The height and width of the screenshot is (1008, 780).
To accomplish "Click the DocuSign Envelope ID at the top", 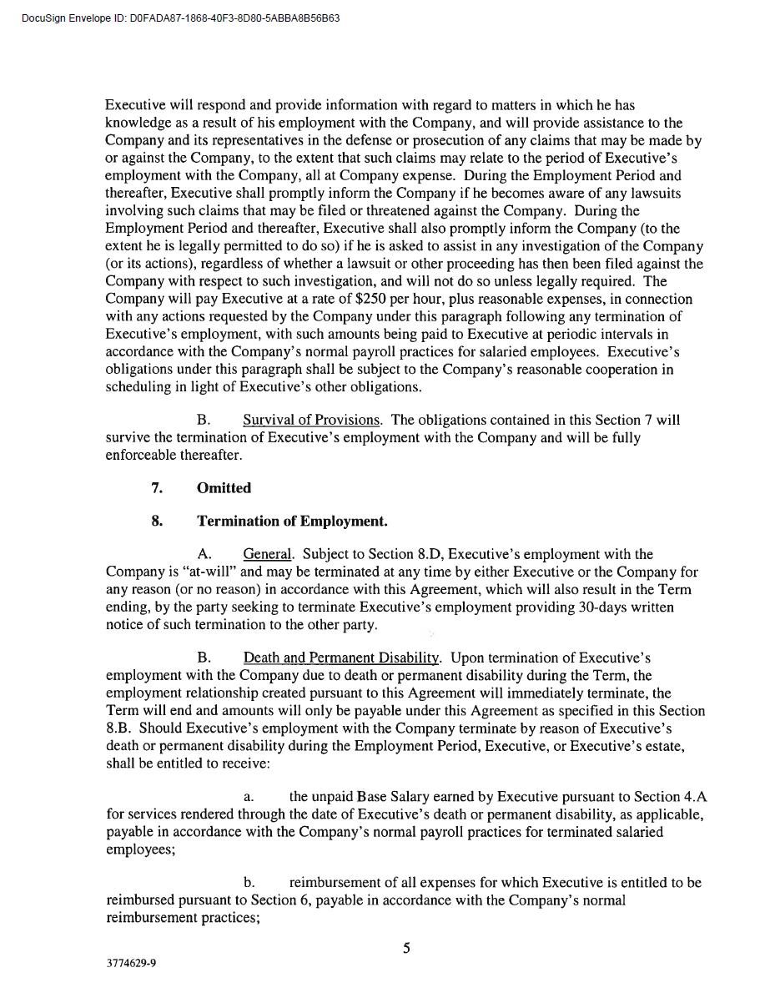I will [x=180, y=18].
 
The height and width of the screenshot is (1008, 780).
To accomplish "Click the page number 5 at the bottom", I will [x=406, y=948].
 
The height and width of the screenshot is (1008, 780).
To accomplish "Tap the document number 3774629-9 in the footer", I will [x=131, y=963].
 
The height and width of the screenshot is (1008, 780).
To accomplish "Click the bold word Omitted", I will [x=224, y=488].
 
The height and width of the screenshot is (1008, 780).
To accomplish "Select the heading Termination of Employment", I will [x=292, y=522].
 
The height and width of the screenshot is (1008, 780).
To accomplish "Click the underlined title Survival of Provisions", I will [x=311, y=420].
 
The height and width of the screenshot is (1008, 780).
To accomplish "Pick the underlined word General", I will [x=267, y=554].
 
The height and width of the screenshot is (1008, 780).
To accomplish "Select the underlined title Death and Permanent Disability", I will [x=340, y=658].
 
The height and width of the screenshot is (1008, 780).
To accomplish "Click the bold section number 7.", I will [x=157, y=488].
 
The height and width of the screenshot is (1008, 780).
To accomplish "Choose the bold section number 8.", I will [x=157, y=522].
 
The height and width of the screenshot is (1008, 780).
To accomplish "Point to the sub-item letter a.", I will [x=249, y=797].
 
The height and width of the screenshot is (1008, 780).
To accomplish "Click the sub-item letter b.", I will [x=249, y=883].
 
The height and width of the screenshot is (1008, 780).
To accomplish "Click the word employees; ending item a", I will [x=140, y=849].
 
